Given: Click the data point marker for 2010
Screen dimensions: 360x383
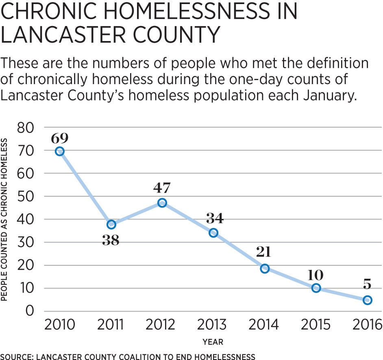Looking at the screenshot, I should pyautogui.click(x=60, y=151).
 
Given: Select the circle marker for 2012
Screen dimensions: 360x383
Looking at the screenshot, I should pyautogui.click(x=162, y=203).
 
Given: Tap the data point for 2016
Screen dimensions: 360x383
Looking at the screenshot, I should pyautogui.click(x=367, y=300).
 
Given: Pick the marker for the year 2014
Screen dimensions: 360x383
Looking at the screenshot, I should pyautogui.click(x=265, y=268).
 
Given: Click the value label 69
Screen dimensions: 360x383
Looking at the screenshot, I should pyautogui.click(x=60, y=138).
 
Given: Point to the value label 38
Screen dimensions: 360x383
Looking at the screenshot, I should pyautogui.click(x=111, y=240).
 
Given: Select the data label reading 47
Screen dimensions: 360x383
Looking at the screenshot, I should pyautogui.click(x=162, y=188).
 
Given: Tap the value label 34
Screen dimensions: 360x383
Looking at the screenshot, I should pyautogui.click(x=214, y=219).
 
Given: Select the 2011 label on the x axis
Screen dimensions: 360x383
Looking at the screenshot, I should pyautogui.click(x=111, y=325).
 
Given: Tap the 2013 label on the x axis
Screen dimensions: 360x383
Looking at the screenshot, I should pyautogui.click(x=214, y=325).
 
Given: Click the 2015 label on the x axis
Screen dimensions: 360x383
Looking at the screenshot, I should pyautogui.click(x=316, y=325).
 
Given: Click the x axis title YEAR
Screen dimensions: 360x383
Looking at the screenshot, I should pyautogui.click(x=214, y=342).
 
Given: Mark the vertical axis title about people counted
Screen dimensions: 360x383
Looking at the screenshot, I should pyautogui.click(x=4, y=219).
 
